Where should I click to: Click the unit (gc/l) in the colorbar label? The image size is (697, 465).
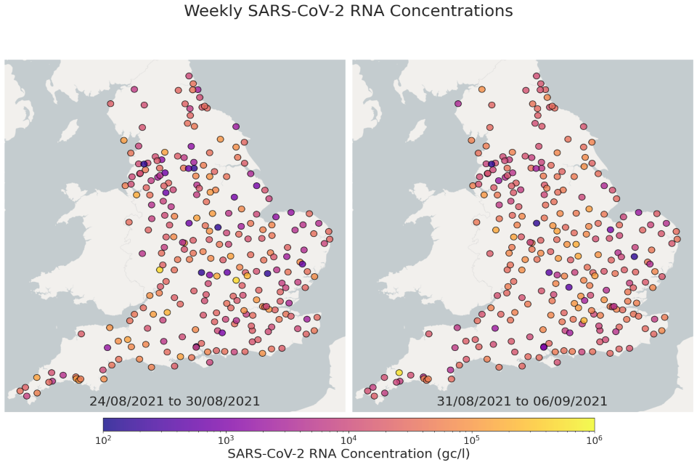pyautogui.click(x=451, y=453)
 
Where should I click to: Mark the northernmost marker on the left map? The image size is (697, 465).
pyautogui.click(x=189, y=76)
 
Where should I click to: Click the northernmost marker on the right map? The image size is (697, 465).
pyautogui.click(x=537, y=76)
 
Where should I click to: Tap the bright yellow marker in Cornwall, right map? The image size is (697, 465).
pyautogui.click(x=399, y=373)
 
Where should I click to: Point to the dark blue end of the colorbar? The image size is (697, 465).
pyautogui.click(x=107, y=424)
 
